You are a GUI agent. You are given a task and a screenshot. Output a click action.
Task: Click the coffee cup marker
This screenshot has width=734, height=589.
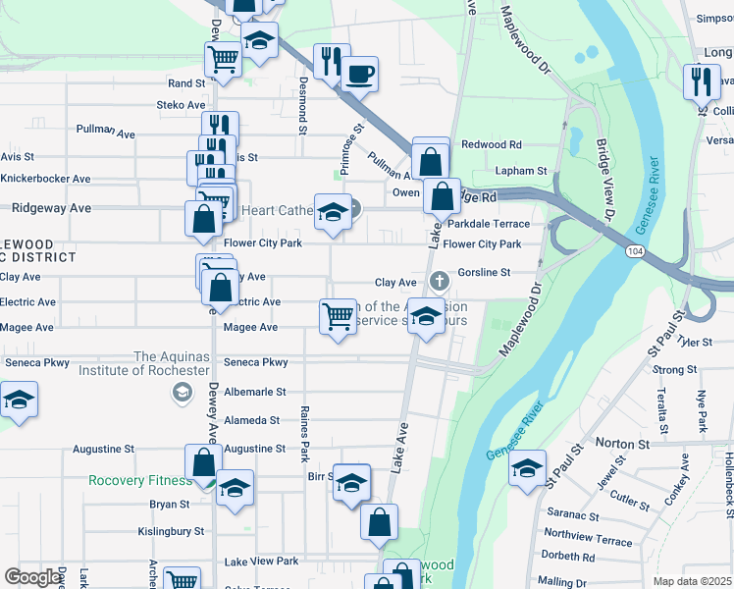360,73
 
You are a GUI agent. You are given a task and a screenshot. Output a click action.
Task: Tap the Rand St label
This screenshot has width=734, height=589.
185,84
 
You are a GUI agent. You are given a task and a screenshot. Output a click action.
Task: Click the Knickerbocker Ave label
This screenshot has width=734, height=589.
45,179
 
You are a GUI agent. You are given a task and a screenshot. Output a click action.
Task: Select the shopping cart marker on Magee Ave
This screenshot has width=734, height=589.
338,317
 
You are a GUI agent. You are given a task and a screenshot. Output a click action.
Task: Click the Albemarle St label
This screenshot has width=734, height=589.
254,392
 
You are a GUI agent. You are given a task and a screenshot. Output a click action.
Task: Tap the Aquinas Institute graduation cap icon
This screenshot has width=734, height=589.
181,393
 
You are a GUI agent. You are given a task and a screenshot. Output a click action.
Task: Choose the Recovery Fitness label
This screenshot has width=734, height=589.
140,481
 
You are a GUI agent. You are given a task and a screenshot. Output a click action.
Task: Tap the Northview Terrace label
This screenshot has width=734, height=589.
588,540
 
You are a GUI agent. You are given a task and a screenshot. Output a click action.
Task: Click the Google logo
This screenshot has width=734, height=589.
33,578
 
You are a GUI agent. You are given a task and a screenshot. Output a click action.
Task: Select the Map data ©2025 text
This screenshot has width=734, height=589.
692,581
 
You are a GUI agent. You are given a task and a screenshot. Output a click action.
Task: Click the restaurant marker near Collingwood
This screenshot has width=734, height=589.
702,81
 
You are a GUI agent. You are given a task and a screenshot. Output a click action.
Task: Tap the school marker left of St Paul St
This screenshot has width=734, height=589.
527,467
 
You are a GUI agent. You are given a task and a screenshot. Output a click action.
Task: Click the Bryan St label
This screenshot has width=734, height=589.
170,505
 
